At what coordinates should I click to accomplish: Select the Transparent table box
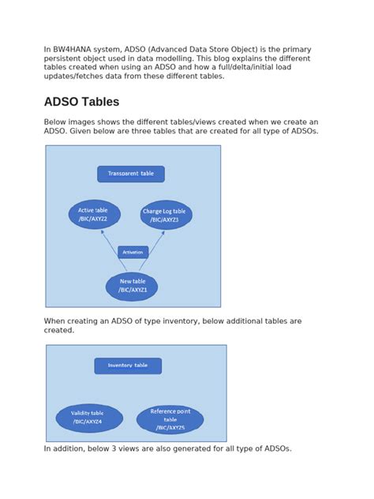(x=131, y=174)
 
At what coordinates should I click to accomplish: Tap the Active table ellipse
(x=94, y=215)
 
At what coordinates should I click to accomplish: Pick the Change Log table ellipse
(x=166, y=216)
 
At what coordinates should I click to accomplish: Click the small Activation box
(x=133, y=253)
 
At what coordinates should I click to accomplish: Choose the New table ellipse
(x=132, y=286)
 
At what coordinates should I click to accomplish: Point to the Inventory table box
(x=128, y=366)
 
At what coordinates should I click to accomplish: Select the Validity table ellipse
(x=88, y=418)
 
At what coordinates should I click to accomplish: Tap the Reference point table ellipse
(x=170, y=419)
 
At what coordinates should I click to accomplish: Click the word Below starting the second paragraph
(x=57, y=122)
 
